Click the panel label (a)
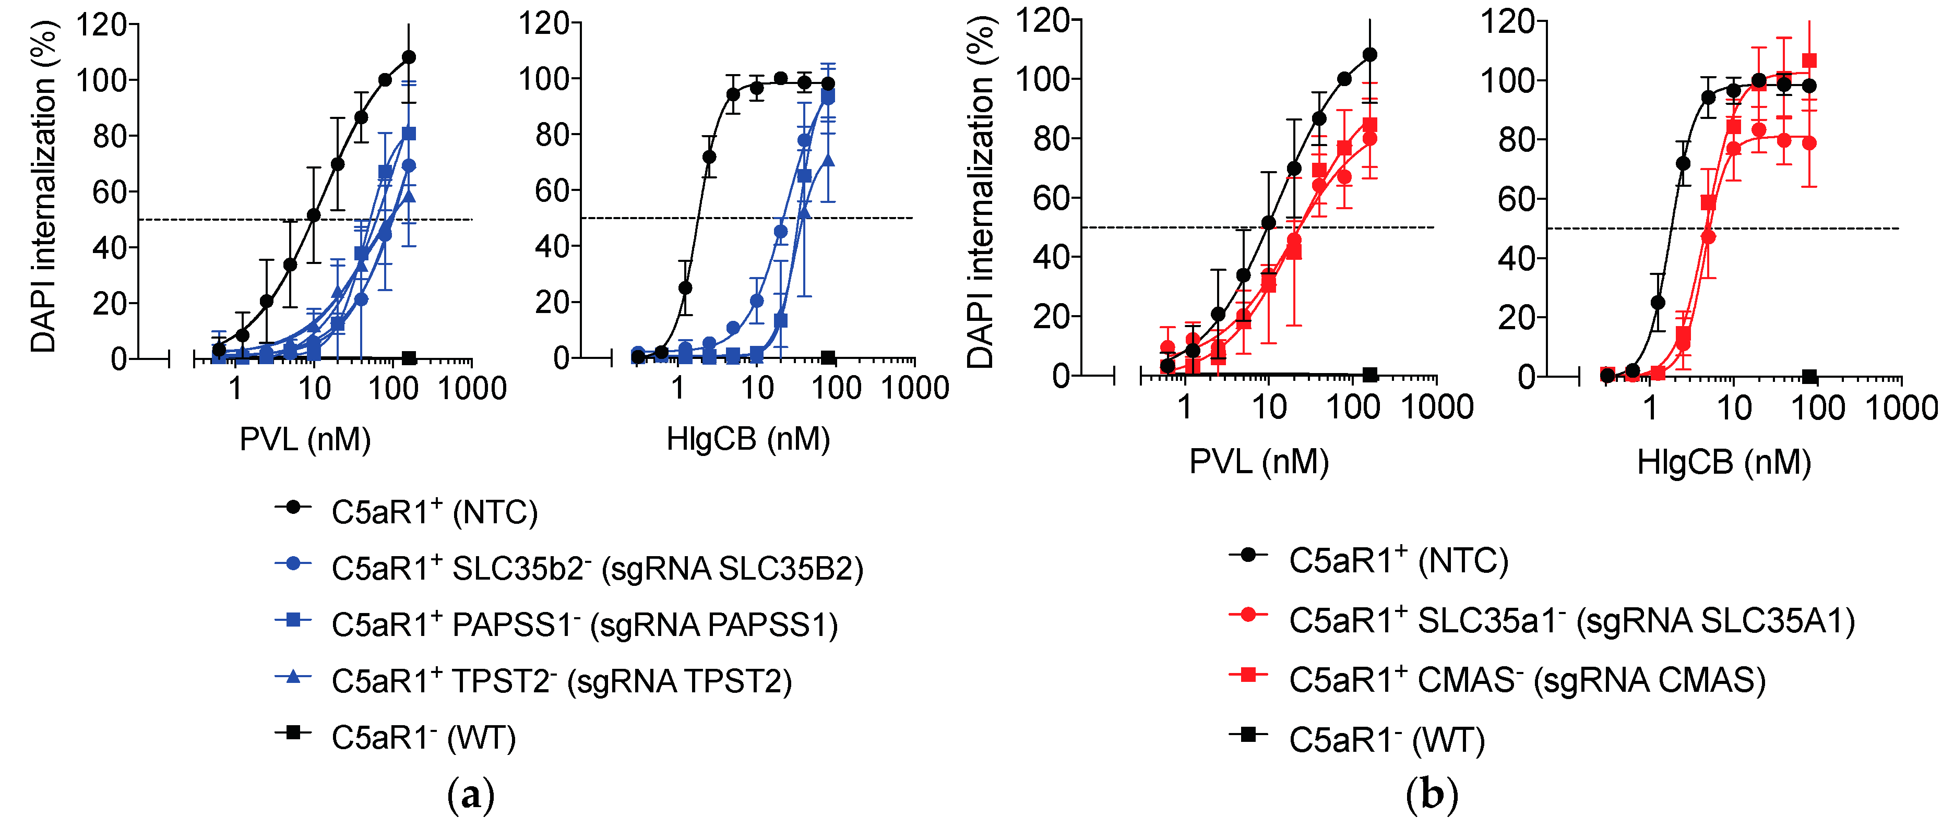[x=470, y=795]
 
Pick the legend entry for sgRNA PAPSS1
[x=584, y=625]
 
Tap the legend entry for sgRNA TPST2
[x=562, y=681]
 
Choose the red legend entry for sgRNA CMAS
[x=1526, y=680]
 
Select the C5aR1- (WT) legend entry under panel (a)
[x=423, y=737]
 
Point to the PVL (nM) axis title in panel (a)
[x=305, y=439]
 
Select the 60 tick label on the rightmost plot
[x=1515, y=199]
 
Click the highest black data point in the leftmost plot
[x=409, y=57]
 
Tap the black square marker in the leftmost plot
[x=409, y=358]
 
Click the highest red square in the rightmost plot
[x=1809, y=61]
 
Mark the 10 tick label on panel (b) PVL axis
[x=1268, y=407]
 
